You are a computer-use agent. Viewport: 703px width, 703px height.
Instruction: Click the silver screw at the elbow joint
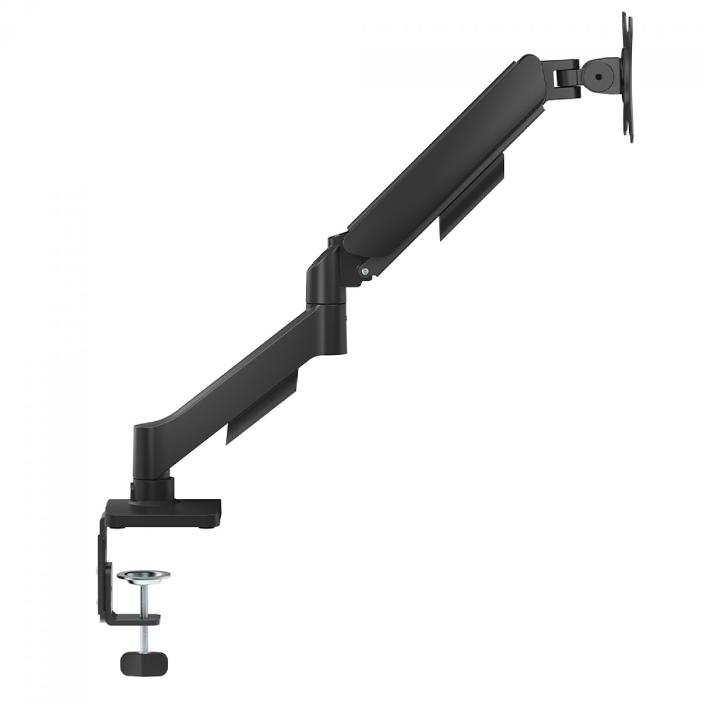click(x=365, y=271)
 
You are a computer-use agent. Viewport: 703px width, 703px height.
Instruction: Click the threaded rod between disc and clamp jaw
click(x=142, y=600)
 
